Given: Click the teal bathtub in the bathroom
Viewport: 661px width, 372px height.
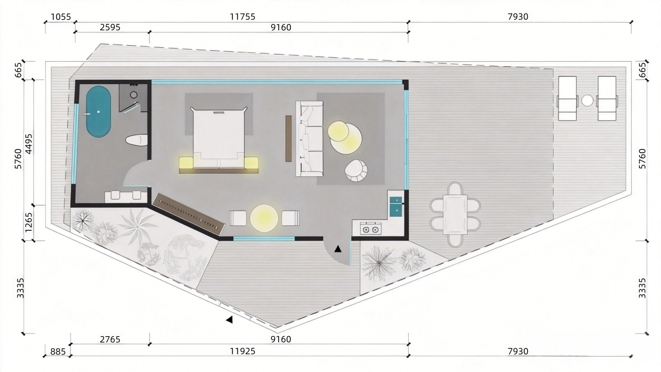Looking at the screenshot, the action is (x=99, y=111).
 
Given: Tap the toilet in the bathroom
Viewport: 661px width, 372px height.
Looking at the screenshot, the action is (x=137, y=140).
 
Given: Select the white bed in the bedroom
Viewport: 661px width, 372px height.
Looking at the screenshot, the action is (x=219, y=138).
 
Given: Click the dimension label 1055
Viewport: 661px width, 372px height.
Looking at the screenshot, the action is (x=61, y=17).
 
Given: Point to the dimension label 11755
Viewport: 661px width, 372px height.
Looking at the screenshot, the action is (x=242, y=17).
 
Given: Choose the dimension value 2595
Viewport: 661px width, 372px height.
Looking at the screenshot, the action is (x=110, y=28).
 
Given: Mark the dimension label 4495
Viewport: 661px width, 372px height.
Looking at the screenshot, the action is (x=29, y=144).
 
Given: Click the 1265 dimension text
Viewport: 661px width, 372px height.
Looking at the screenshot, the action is (x=29, y=222).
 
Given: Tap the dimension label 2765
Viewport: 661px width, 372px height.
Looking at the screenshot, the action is (x=110, y=339).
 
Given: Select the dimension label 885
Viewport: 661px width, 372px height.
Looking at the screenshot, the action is (x=58, y=352).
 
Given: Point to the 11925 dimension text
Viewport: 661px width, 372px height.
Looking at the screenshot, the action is (x=242, y=352).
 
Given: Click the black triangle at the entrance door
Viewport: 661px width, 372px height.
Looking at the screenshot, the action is (x=338, y=249).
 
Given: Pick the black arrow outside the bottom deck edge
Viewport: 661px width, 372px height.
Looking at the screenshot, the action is (x=229, y=320).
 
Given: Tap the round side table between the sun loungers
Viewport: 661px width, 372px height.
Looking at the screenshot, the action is (x=587, y=101).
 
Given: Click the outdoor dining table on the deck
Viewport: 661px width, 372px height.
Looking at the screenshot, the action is (x=456, y=214).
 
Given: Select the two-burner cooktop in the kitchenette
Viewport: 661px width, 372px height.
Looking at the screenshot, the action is (x=371, y=229).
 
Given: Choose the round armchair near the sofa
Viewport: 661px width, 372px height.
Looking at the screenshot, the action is (x=356, y=171).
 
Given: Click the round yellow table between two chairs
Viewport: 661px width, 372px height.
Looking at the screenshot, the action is (x=264, y=218).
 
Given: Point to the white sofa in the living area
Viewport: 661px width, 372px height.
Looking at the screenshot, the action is (x=309, y=139).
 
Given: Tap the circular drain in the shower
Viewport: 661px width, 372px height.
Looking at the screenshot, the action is (x=134, y=95).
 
